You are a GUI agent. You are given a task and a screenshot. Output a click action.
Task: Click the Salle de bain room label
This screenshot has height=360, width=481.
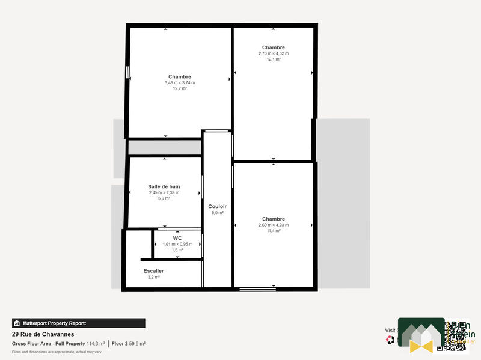point(164,186)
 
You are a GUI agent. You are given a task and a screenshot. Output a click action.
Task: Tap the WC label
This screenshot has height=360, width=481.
point(177,238)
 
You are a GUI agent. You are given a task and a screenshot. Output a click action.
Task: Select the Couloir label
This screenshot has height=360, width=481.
point(217,206)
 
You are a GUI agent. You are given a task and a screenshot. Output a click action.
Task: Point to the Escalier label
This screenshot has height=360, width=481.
point(153,271)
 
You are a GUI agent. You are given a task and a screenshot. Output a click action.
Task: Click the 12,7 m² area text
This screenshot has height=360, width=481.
point(180,88)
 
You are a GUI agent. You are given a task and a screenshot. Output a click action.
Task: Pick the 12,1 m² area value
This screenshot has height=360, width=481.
point(274,59)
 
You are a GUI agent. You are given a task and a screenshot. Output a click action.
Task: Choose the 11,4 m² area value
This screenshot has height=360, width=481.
point(274,231)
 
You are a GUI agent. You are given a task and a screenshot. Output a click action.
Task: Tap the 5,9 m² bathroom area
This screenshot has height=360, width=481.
point(164,198)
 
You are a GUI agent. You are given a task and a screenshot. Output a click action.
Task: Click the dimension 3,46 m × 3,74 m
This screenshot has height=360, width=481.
point(180,82)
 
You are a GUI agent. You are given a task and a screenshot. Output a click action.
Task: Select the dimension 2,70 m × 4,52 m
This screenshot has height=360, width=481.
point(274,53)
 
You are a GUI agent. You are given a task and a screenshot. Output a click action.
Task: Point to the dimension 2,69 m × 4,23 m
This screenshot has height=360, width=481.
point(274,225)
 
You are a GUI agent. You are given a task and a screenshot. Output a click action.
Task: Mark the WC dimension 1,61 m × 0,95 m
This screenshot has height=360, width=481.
point(177,244)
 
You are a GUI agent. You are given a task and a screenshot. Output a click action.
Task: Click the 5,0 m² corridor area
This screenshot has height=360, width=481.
point(217,213)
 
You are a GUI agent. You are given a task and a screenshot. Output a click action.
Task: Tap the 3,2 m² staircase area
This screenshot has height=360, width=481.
point(153,278)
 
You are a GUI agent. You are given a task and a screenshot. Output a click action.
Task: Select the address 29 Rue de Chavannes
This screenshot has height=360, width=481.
point(43,334)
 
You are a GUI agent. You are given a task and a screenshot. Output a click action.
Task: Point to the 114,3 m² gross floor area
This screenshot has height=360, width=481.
point(96,344)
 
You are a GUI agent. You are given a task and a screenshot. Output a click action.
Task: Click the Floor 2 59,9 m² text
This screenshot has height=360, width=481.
point(129,344)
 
